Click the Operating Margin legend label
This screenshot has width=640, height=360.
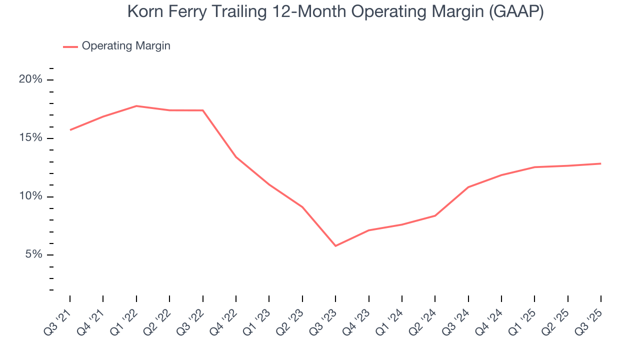pyautogui.click(x=126, y=46)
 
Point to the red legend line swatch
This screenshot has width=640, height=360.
pyautogui.click(x=70, y=46)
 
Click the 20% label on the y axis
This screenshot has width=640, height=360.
pyautogui.click(x=31, y=79)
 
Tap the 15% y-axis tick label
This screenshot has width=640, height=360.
pyautogui.click(x=31, y=138)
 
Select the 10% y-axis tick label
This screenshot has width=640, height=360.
pyautogui.click(x=31, y=196)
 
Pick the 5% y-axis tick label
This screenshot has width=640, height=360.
pyautogui.click(x=33, y=255)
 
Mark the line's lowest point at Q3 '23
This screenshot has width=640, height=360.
pyautogui.click(x=335, y=246)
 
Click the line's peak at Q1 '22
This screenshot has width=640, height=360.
pyautogui.click(x=136, y=106)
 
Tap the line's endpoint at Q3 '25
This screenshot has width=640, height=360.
pyautogui.click(x=600, y=163)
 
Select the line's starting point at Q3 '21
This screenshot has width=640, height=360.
pyautogui.click(x=70, y=130)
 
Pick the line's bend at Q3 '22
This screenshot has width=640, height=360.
pyautogui.click(x=203, y=110)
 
